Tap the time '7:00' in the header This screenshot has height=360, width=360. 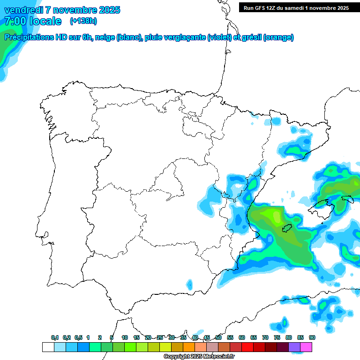point(15,21)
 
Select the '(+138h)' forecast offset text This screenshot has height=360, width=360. point(83,21)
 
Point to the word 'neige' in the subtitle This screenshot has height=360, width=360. point(105,37)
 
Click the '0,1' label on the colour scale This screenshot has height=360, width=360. point(55,337)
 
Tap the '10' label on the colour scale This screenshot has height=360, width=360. point(125,337)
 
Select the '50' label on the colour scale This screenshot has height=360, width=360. point(218,337)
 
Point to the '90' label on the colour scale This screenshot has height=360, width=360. point(312,337)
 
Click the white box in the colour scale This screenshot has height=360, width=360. point(48,347)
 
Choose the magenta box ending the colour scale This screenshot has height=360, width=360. point(306,347)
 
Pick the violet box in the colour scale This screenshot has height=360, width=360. point(294,347)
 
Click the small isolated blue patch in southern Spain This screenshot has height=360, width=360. point(189,284)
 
